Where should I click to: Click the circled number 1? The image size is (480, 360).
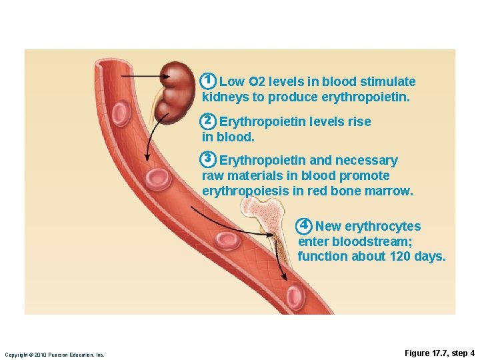208,81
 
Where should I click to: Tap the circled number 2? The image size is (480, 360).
208,121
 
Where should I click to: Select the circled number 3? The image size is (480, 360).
208,159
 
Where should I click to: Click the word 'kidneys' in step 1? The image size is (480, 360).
223,97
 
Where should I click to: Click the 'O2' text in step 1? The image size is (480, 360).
257,82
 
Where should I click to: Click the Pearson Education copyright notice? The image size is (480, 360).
55,355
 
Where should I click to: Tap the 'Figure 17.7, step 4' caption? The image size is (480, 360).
439,353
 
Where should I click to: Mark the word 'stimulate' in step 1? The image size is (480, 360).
387,82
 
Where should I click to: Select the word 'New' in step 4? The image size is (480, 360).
328,226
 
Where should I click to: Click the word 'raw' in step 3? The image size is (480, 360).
213,176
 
